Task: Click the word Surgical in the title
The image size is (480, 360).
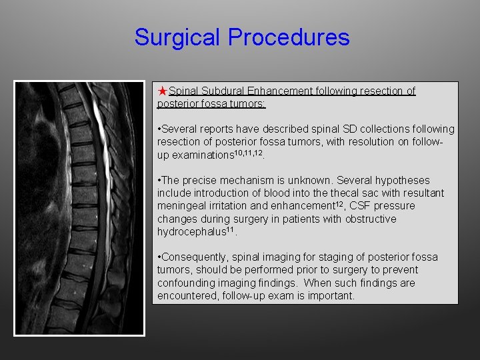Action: pyautogui.click(x=178, y=37)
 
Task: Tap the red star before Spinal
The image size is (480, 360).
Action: pyautogui.click(x=163, y=91)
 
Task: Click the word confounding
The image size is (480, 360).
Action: pyautogui.click(x=185, y=283)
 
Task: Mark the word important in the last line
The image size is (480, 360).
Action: pyautogui.click(x=331, y=295)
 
